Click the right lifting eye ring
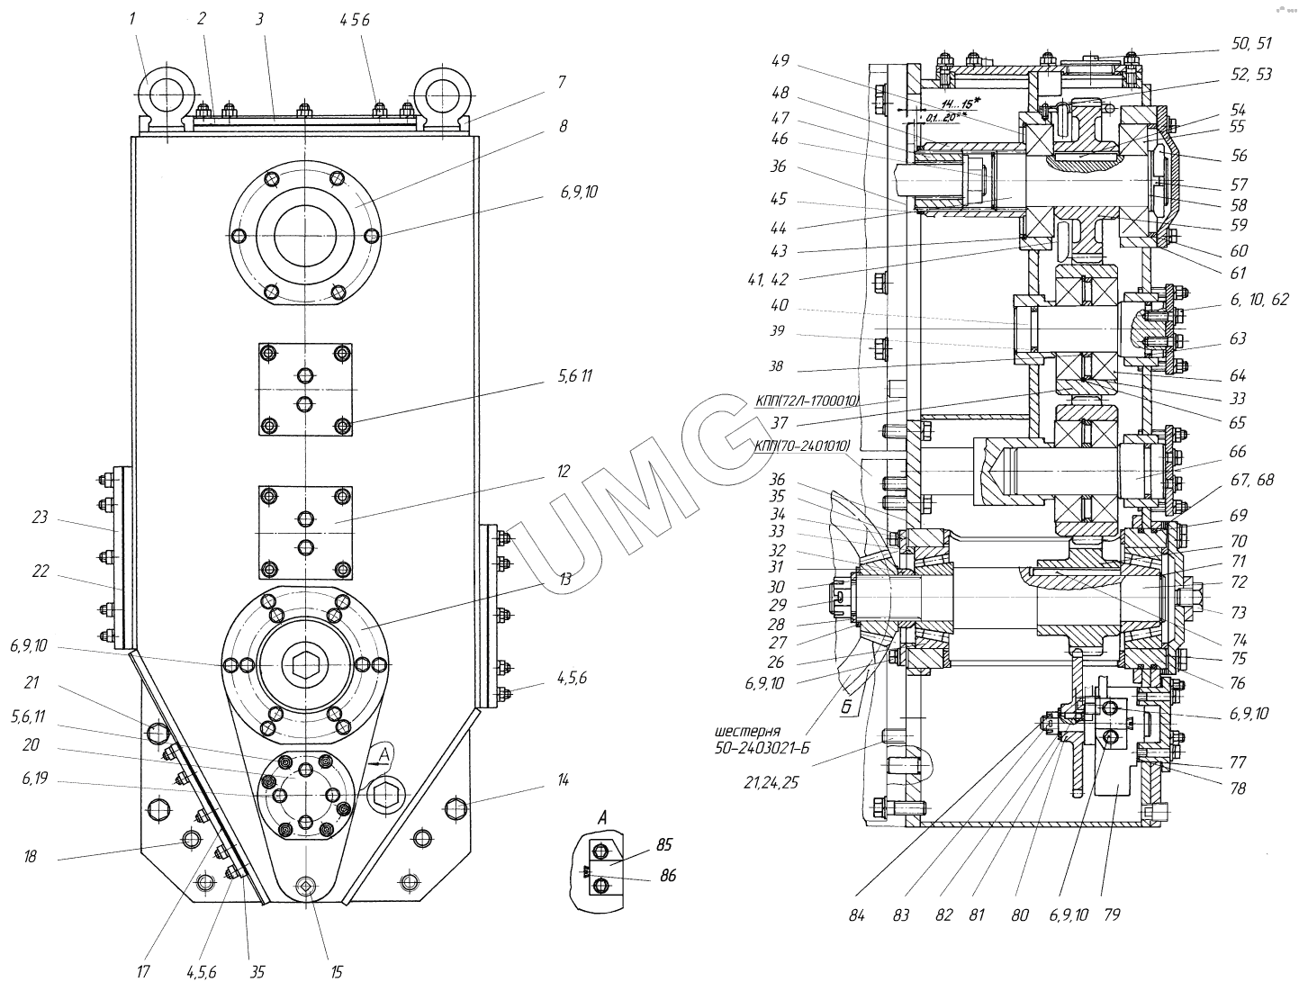(443, 94)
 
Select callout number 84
(856, 915)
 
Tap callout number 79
(1112, 915)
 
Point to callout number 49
(780, 61)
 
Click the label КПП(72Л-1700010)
(807, 401)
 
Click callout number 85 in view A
(665, 845)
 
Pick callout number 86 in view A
(667, 875)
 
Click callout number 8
(563, 126)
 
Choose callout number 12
(563, 471)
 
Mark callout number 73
(1239, 613)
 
